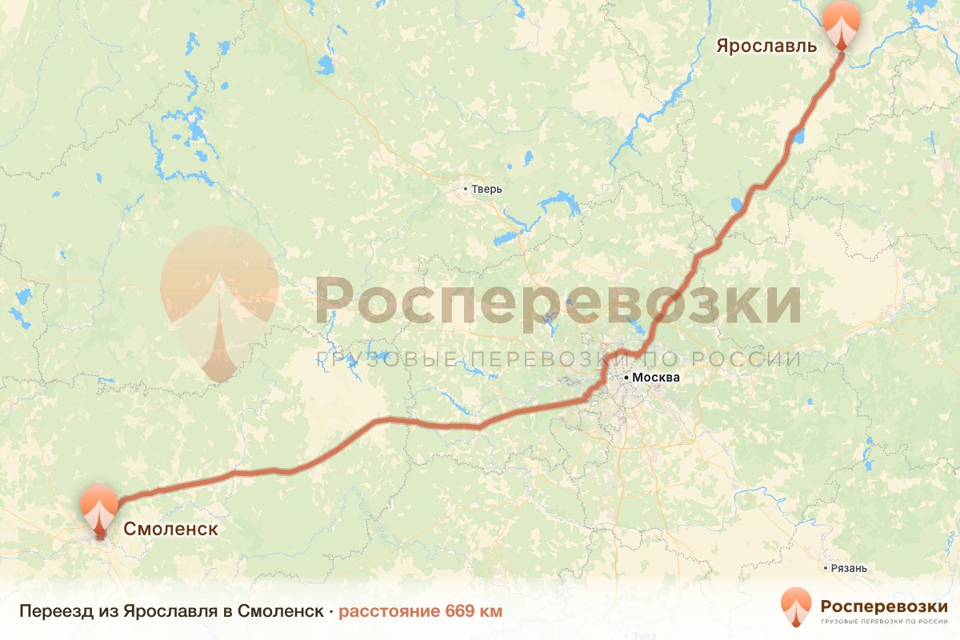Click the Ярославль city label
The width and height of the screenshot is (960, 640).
point(766,45)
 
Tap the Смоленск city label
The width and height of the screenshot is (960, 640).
point(170,529)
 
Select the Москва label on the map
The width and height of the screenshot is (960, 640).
point(656,378)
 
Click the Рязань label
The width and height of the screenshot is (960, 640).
point(848,568)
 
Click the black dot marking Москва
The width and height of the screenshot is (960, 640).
point(626,378)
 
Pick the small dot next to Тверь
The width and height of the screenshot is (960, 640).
point(466,190)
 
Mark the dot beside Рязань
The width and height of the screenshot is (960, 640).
point(826,568)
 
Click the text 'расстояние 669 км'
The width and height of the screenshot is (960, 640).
point(420,612)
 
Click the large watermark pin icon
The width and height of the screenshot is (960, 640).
point(219,300)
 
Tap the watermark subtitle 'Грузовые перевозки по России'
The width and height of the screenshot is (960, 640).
point(558,359)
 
